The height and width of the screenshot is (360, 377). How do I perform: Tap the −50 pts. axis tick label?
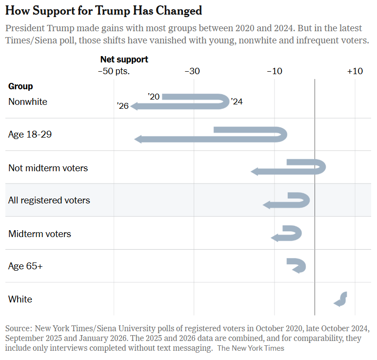pos(114,71)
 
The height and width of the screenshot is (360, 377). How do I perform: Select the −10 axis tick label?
pos(274,71)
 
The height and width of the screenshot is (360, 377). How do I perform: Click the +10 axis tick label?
pos(355,71)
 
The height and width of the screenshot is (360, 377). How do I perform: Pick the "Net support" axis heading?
pos(124,60)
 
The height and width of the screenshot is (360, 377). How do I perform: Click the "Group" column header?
pos(20,86)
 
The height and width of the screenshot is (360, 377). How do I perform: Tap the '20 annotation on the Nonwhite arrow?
pos(154,97)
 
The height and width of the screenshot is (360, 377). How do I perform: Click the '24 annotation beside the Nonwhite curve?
pos(237,102)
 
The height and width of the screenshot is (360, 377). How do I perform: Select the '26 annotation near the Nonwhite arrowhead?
pos(123,106)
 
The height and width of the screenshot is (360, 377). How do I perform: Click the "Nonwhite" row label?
pos(28,102)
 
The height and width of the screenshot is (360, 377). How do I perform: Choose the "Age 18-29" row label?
pos(30,134)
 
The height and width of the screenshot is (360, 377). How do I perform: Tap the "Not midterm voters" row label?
pos(48,168)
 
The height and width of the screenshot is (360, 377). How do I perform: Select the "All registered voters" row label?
pos(49,200)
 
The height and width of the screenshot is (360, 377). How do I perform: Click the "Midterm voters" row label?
pos(40,234)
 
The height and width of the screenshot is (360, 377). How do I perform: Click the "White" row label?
pos(20,299)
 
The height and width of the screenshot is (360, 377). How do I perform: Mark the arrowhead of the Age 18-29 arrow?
pos(138,140)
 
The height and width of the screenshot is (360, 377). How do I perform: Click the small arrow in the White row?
pos(340,299)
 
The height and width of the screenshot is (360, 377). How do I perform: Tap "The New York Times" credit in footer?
pos(251,348)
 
